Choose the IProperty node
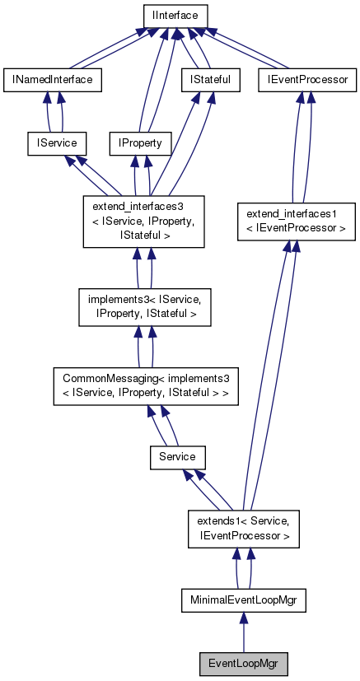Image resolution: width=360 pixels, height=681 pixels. [x=141, y=143]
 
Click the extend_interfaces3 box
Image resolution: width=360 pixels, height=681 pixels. [x=143, y=222]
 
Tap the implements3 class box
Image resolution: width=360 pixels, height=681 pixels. [x=143, y=306]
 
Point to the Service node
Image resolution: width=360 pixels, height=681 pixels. [x=177, y=455]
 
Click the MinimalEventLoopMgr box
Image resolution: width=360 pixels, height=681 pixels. [x=243, y=601]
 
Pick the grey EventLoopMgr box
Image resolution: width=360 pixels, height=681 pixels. [x=243, y=663]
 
